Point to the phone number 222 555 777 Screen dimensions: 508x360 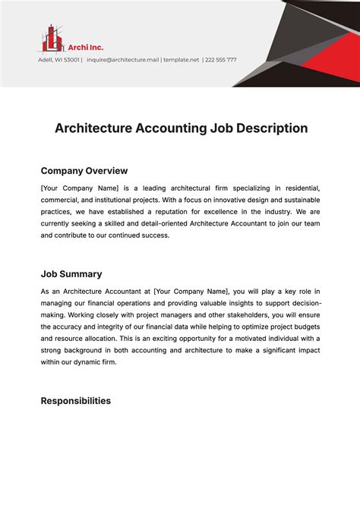click(x=221, y=59)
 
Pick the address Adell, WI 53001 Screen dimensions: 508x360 click(x=59, y=59)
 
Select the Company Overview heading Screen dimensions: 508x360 click(x=84, y=171)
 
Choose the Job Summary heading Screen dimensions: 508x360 click(x=71, y=274)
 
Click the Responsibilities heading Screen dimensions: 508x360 click(x=75, y=400)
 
